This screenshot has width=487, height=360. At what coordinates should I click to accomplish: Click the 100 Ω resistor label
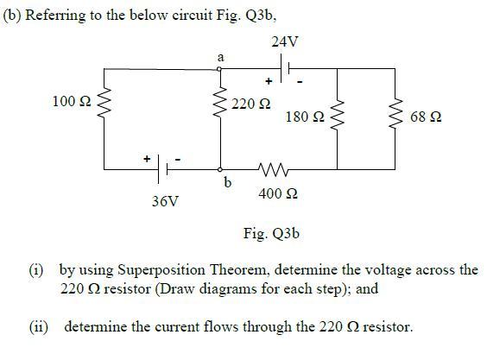click(71, 102)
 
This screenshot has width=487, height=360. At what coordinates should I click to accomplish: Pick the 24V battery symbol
click(287, 66)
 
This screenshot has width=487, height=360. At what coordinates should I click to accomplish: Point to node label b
click(227, 182)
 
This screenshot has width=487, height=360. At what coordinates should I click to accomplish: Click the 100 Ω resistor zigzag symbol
click(104, 103)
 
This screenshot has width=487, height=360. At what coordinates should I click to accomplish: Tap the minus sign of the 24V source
click(300, 81)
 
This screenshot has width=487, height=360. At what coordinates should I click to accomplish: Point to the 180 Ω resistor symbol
click(338, 116)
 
